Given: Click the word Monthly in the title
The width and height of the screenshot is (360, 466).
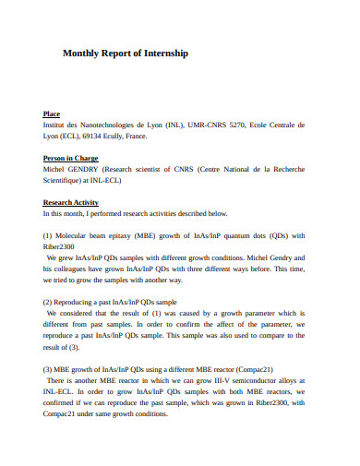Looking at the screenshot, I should (80, 54).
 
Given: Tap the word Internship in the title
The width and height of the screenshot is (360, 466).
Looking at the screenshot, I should (164, 54).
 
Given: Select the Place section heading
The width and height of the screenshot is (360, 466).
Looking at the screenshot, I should (52, 114).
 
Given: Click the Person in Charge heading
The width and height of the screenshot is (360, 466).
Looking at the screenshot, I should (71, 159).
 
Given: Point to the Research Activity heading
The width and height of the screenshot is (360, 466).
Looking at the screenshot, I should (71, 202).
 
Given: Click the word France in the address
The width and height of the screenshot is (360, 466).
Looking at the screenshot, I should (135, 136).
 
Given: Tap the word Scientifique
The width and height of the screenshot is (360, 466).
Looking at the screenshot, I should (66, 181).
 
